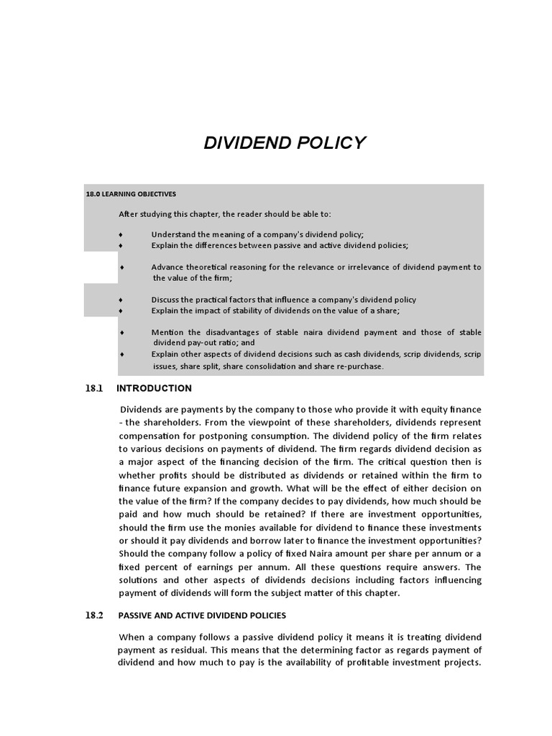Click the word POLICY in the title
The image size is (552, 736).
(327, 143)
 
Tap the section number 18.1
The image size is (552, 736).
(95, 389)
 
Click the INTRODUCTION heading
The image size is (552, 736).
(154, 389)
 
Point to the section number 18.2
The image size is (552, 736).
(95, 616)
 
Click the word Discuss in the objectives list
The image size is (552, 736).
(165, 300)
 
